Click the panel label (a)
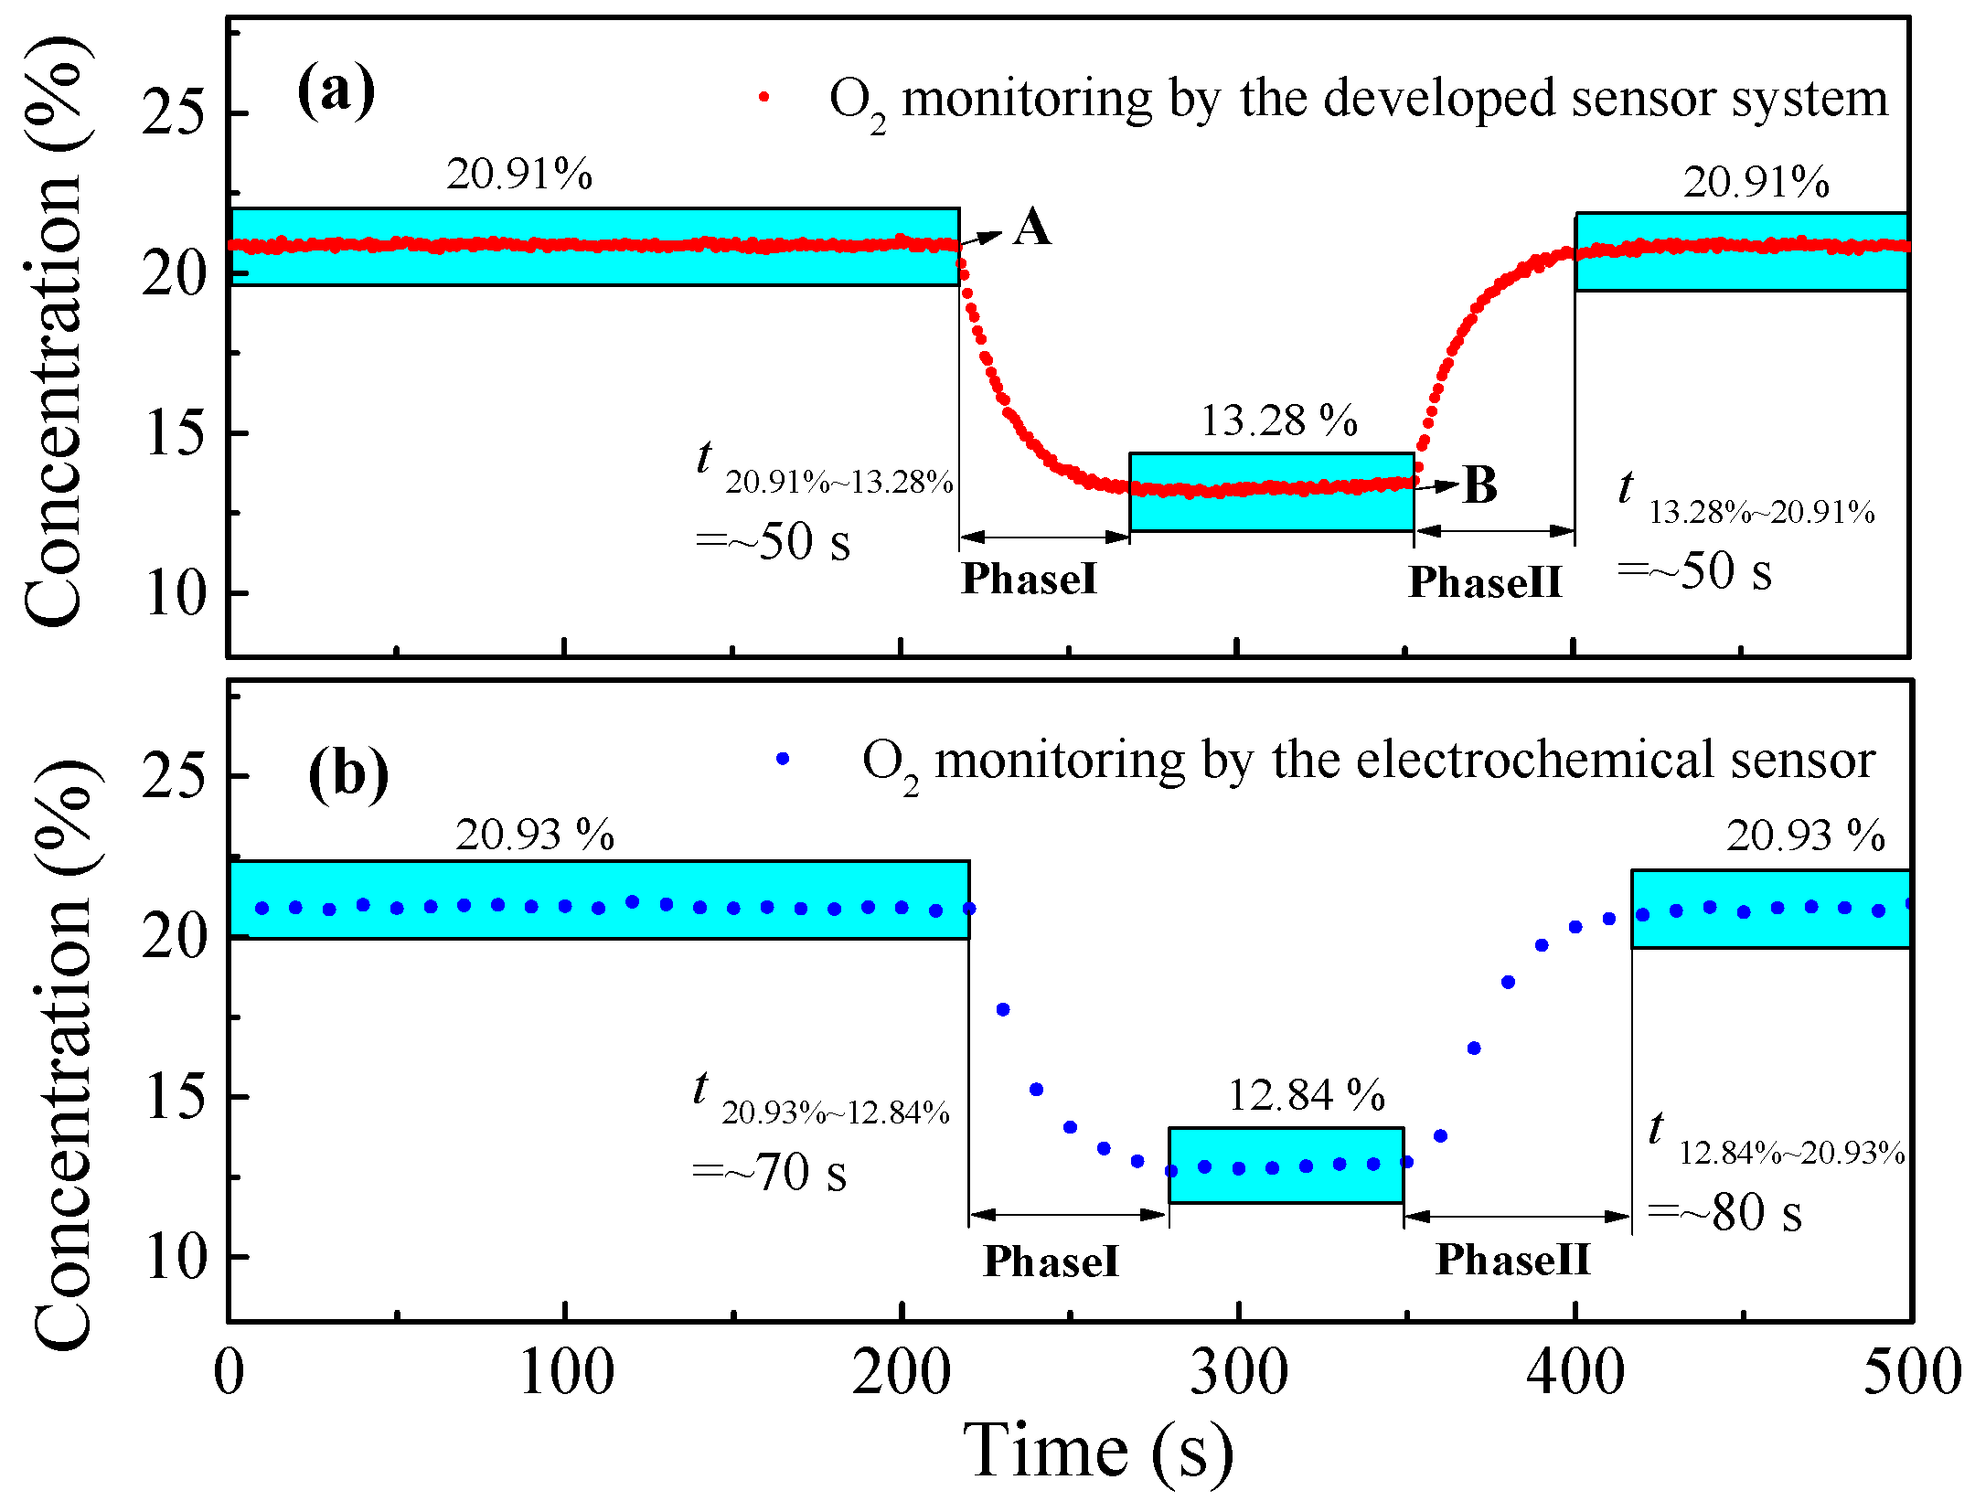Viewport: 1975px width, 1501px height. coord(336,90)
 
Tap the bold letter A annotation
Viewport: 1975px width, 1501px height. coord(1032,227)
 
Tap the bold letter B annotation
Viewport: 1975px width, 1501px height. coord(1480,485)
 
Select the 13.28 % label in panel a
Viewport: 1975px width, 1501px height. coord(1278,420)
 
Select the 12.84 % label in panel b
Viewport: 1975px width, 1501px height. coord(1306,1094)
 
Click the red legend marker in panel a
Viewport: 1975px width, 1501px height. coord(764,96)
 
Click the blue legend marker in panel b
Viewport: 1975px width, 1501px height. coord(782,759)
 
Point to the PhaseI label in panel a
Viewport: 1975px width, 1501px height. coord(1030,578)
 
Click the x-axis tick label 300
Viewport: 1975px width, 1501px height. coord(1238,1372)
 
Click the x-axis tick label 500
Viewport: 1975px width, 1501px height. coord(1912,1372)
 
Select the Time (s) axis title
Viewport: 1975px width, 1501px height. coord(1097,1451)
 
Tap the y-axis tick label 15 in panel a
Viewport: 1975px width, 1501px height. coord(174,433)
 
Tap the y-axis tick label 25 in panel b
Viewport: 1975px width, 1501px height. coord(174,777)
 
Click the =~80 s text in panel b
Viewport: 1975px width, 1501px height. coord(1725,1213)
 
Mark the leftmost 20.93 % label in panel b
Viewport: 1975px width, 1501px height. coord(535,835)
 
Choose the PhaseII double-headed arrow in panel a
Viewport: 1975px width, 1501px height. coord(1494,530)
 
